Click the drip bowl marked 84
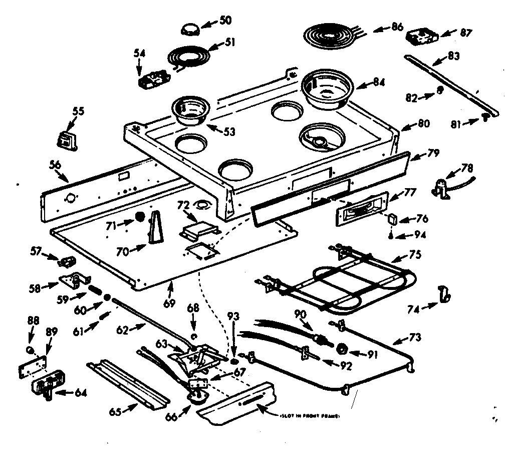tap(326, 89)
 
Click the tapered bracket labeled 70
tap(155, 227)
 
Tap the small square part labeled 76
tap(393, 219)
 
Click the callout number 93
tap(233, 317)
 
